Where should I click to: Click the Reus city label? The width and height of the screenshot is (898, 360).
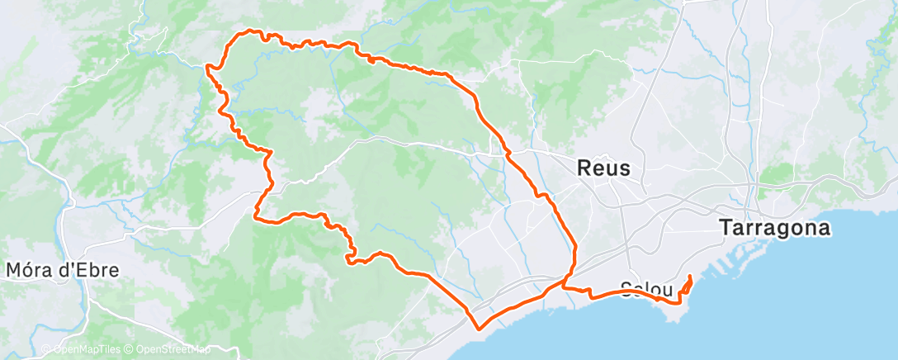coord(603,169)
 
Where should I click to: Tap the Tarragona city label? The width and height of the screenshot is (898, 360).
coord(773,227)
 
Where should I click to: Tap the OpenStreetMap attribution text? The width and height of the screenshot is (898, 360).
coord(173,350)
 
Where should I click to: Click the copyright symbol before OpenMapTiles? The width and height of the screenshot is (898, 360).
coord(46,350)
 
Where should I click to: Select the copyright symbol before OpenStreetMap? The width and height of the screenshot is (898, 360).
coord(130,350)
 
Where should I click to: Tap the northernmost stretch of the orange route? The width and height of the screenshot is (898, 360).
coord(246,32)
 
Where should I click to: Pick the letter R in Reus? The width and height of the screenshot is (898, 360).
coord(584,169)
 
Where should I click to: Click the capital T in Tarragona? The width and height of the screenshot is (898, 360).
coord(725,227)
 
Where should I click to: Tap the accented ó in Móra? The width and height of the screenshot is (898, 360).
coord(27,270)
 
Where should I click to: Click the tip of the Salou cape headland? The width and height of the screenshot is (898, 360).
coord(678,303)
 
